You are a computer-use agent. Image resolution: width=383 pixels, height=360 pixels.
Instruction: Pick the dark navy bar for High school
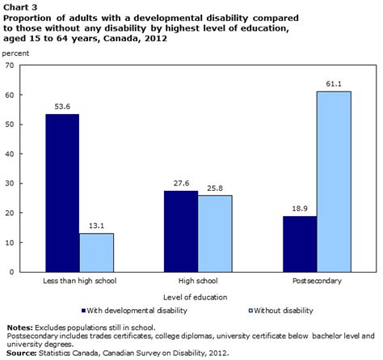[x=182, y=231]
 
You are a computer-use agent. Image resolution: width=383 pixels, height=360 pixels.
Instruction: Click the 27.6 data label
[x=182, y=184]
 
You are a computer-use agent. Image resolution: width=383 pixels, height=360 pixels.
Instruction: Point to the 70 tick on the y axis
[x=10, y=66]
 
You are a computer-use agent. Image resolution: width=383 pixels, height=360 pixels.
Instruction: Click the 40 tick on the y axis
[x=10, y=154]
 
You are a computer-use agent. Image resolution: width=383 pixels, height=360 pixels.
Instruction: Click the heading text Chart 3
[x=19, y=6]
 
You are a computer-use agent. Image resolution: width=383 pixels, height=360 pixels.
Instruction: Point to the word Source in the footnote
[x=20, y=353]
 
